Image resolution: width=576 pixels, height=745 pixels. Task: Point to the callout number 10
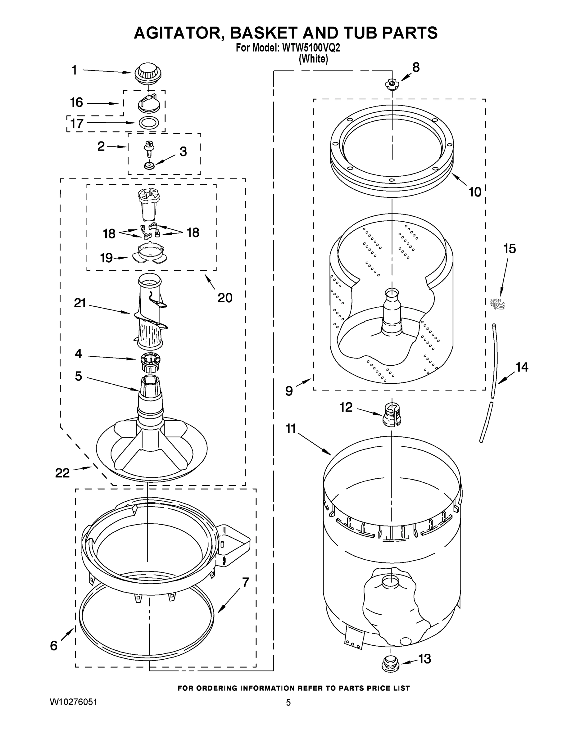(475, 192)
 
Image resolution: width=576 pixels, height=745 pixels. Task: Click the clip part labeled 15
(497, 303)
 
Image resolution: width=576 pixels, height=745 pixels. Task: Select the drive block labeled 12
(392, 414)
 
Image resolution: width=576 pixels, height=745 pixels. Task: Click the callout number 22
(62, 473)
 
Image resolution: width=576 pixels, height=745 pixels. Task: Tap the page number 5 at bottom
(288, 703)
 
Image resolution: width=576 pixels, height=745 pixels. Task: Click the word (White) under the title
(313, 59)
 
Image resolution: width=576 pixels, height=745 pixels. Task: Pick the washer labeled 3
(149, 165)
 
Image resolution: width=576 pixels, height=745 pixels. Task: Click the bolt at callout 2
(149, 148)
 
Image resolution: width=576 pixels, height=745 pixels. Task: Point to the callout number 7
(246, 582)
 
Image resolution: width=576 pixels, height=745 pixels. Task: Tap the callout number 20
(225, 298)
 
